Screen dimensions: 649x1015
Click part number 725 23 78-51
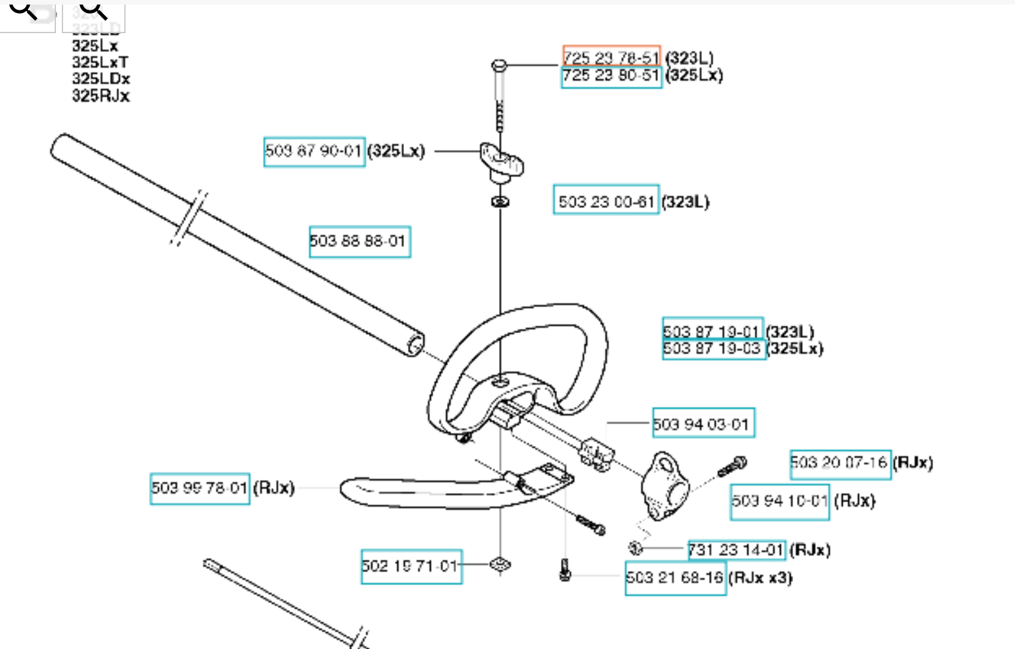[x=611, y=57]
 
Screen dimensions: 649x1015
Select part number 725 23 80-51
[x=611, y=76]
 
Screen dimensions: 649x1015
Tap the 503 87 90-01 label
[x=314, y=152]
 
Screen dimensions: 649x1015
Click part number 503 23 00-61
[x=606, y=202]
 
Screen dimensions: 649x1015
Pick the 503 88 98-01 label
[x=359, y=241]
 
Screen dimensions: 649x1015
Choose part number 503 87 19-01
[x=712, y=331]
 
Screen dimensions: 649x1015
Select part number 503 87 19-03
[x=712, y=349]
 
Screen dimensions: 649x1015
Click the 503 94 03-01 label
[x=703, y=424]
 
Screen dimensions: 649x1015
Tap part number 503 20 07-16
[x=839, y=463]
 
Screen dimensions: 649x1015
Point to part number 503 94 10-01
[x=779, y=501]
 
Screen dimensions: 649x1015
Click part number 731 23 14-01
[x=736, y=550]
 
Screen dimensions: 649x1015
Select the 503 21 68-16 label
[x=675, y=577]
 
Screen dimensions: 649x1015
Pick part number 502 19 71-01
[x=411, y=566]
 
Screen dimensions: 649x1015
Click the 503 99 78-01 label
[x=200, y=488]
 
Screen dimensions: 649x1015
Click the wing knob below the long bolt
[x=501, y=161]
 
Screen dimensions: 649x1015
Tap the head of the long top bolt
[x=499, y=65]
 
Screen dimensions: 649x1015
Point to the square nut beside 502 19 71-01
[x=500, y=564]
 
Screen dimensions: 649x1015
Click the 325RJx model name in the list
[x=101, y=96]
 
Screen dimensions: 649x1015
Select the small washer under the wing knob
[x=500, y=202]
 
